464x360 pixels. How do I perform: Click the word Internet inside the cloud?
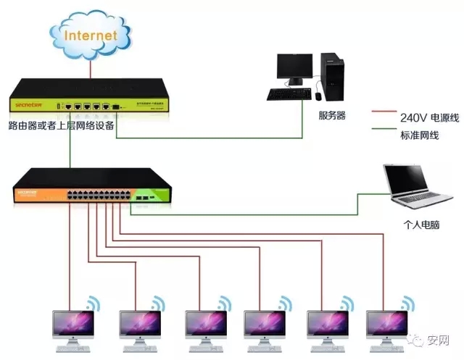coord(90,34)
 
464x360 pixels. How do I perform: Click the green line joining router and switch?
coord(70,148)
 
